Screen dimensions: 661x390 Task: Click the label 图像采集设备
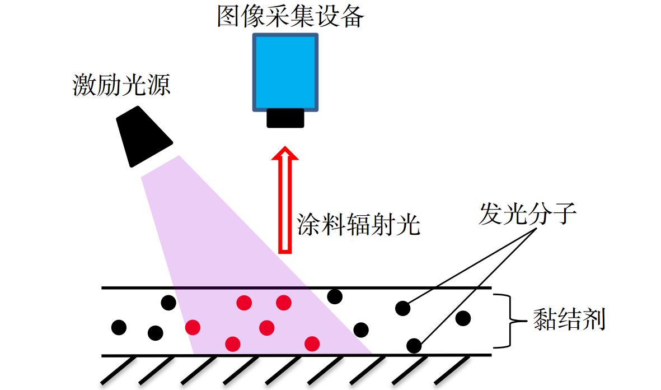[x=290, y=16]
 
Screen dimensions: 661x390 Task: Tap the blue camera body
[x=285, y=72]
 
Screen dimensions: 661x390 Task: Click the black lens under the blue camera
[x=285, y=118]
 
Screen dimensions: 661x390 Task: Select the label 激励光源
[x=121, y=85]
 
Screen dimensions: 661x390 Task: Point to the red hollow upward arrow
[x=285, y=199]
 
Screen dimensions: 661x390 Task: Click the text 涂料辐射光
[x=359, y=224]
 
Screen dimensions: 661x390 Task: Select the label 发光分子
[x=527, y=213]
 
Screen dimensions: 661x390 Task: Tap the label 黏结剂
[x=570, y=319]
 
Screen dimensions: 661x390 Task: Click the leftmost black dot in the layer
[x=119, y=327]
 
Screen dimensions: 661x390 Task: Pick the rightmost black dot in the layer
[x=463, y=318]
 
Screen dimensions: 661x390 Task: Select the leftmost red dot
[x=193, y=327]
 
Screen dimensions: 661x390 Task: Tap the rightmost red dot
[x=312, y=343]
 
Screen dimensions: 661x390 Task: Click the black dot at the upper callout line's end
[x=402, y=308]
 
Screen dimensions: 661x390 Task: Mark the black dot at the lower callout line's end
[x=414, y=346]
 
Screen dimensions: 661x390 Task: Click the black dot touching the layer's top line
[x=335, y=296]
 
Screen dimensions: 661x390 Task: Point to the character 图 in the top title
[x=229, y=16]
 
